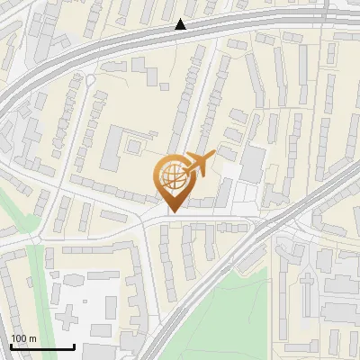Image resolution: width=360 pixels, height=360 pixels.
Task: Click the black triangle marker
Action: tap(181, 24)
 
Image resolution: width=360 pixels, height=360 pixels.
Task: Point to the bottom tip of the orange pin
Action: tap(172, 211)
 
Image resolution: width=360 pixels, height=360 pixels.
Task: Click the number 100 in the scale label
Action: tap(20, 338)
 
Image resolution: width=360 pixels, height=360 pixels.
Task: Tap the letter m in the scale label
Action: tap(33, 338)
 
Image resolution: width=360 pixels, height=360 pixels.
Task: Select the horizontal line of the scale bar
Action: tap(42, 347)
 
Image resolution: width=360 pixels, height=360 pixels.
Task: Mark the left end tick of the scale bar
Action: tap(11, 346)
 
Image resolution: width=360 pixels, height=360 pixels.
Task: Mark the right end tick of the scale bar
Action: tap(74, 346)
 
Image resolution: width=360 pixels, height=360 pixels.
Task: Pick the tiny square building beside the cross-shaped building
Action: tap(88, 306)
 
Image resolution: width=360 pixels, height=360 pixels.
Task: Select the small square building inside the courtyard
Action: tap(134, 144)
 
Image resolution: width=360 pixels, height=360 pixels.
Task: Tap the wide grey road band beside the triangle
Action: tap(135, 40)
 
